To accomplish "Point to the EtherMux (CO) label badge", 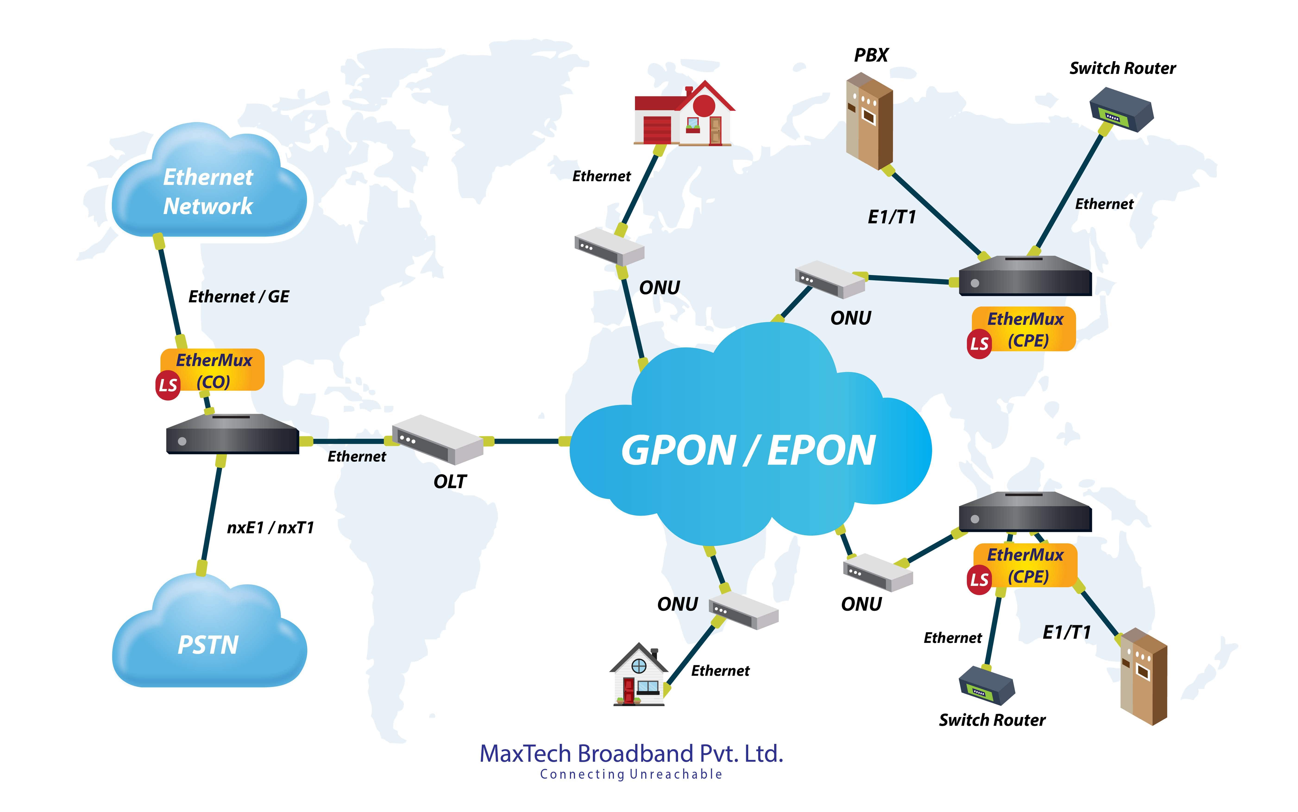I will (x=214, y=371).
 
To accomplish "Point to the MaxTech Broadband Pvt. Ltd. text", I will (x=631, y=753).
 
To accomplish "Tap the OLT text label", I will (x=450, y=482).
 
